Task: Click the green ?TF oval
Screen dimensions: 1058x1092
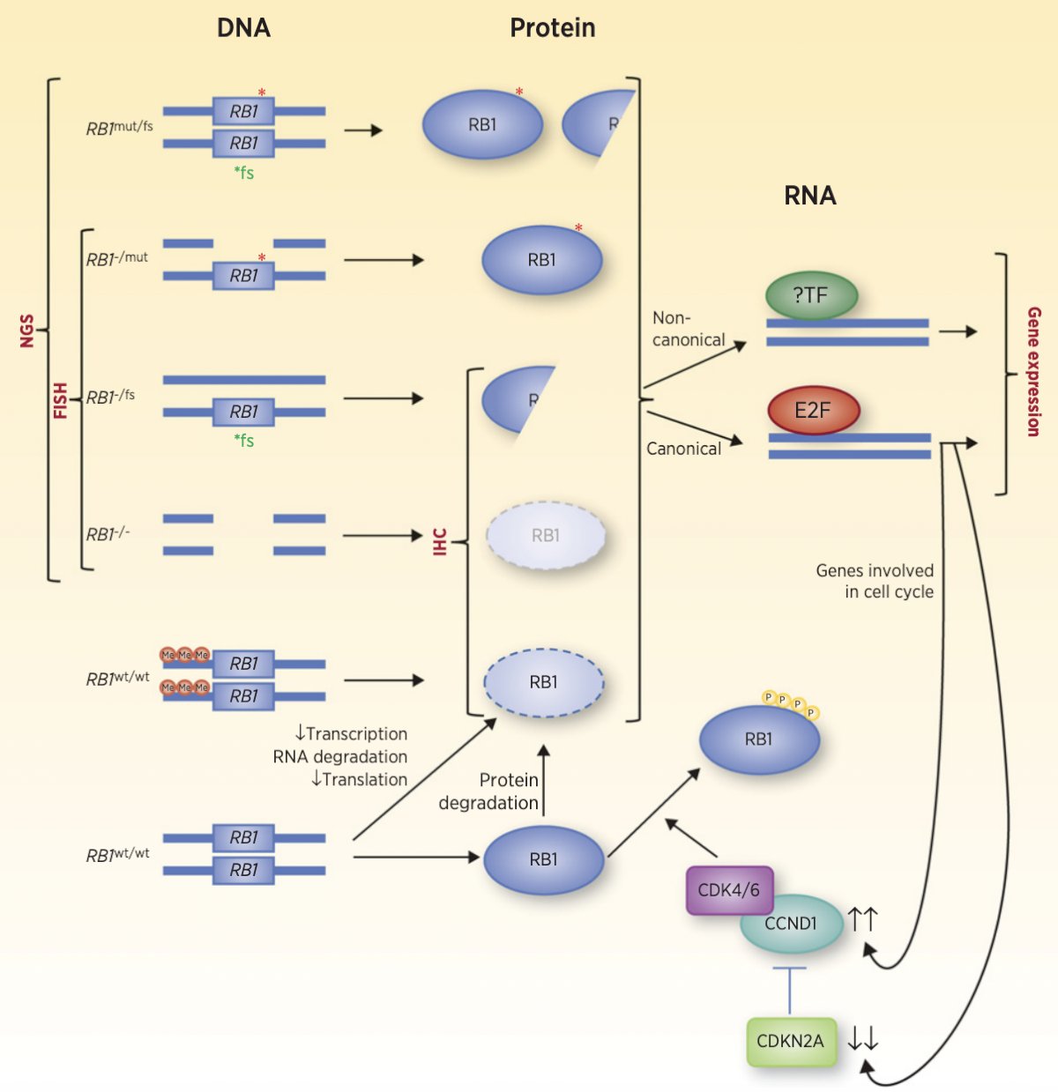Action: click(812, 295)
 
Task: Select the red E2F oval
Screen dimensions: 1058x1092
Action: click(813, 410)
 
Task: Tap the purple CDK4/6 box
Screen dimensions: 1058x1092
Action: click(730, 890)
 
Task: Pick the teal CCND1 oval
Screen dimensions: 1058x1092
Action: click(792, 924)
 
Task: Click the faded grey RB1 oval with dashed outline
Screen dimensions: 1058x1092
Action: click(546, 535)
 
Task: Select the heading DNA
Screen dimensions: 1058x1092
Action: click(243, 28)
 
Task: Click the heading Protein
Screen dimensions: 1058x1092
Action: click(552, 28)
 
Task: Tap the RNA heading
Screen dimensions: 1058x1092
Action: click(810, 196)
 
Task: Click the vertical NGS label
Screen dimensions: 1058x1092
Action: click(27, 331)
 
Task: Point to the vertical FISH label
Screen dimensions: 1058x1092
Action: click(60, 401)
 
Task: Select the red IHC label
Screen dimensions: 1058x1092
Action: click(440, 542)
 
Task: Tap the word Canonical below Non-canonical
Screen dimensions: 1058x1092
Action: click(683, 449)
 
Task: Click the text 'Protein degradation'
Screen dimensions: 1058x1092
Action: click(488, 791)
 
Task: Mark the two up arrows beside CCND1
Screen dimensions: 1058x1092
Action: click(862, 920)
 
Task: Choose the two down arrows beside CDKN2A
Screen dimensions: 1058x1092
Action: click(862, 1038)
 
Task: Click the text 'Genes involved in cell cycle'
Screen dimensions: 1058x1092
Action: click(875, 581)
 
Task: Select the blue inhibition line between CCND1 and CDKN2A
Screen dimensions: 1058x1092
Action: click(790, 991)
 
